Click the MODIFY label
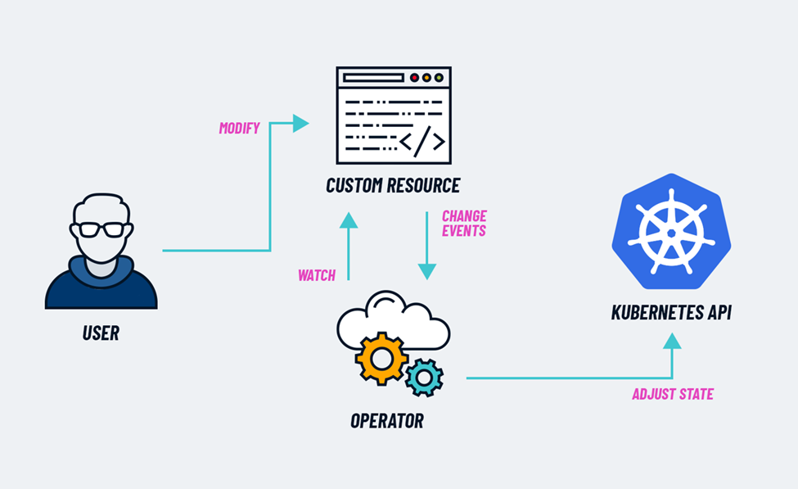pyautogui.click(x=239, y=128)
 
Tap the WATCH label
pyautogui.click(x=317, y=275)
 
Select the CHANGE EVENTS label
pyautogui.click(x=464, y=224)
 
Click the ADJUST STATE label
pyautogui.click(x=672, y=394)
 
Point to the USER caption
pyautogui.click(x=101, y=333)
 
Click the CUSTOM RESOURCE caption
pyautogui.click(x=393, y=185)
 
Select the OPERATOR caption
pyautogui.click(x=387, y=421)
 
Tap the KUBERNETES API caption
pyautogui.click(x=671, y=312)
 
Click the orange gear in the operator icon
pyautogui.click(x=381, y=358)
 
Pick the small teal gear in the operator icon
pyautogui.click(x=424, y=376)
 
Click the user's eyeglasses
pyautogui.click(x=101, y=229)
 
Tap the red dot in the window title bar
pyautogui.click(x=414, y=78)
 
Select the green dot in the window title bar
pyautogui.click(x=439, y=78)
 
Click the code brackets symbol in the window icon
pyautogui.click(x=422, y=142)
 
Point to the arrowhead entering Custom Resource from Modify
pyautogui.click(x=300, y=124)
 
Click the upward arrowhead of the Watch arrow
pyautogui.click(x=349, y=220)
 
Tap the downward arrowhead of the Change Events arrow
pyautogui.click(x=426, y=270)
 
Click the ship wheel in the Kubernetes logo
pyautogui.click(x=671, y=232)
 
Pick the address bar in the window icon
pyautogui.click(x=373, y=78)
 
